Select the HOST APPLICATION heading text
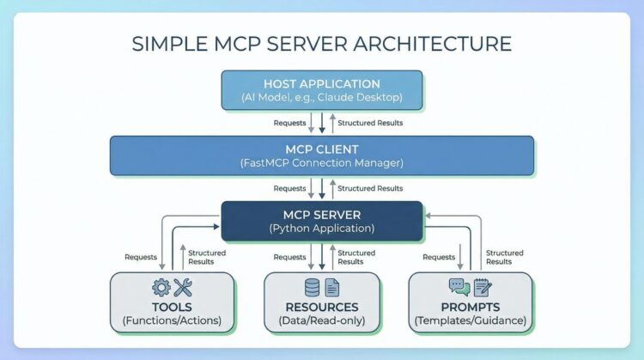coord(322,84)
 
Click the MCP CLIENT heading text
coord(322,149)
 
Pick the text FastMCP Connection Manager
coord(322,163)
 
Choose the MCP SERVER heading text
coord(322,214)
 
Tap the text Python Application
coord(322,229)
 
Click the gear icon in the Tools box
coord(161,288)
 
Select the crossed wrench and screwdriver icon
coord(183,288)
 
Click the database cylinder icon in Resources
coord(312,288)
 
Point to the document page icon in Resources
coord(332,288)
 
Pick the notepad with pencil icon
coord(482,288)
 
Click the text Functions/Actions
coord(172,321)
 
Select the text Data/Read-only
coord(322,321)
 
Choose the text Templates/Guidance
coord(471,321)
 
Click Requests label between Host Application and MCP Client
coord(289,123)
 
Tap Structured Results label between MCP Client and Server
coord(370,188)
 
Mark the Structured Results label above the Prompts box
coord(505,257)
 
